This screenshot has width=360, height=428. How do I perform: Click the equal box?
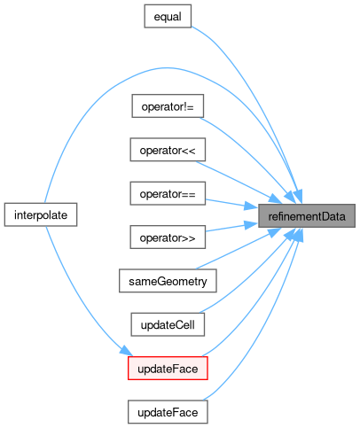(168, 16)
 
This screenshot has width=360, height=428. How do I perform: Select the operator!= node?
(168, 106)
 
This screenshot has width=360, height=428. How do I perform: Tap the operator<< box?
(168, 150)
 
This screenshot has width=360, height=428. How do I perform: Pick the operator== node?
(168, 193)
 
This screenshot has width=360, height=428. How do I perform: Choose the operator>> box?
(168, 237)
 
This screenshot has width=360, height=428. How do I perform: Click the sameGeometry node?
(168, 281)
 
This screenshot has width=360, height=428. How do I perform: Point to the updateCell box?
(168, 324)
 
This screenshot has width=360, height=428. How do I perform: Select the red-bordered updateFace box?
(168, 369)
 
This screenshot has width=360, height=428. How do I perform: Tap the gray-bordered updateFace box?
(168, 412)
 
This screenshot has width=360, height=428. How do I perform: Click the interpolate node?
(41, 214)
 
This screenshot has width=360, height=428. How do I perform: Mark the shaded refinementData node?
(307, 216)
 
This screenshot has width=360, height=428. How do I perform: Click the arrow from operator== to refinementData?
(231, 204)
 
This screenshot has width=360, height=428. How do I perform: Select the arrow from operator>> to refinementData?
(231, 227)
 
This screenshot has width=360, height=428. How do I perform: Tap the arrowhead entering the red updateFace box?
(126, 351)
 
